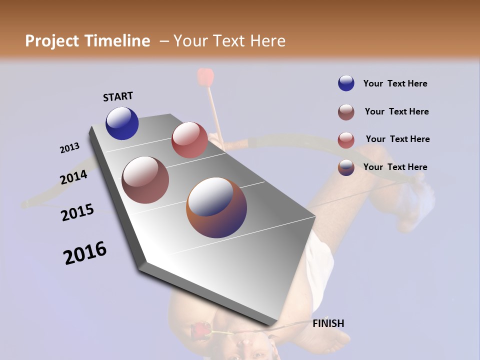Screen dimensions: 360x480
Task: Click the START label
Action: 118,96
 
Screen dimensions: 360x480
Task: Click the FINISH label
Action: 328,323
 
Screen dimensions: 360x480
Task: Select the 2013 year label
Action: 69,148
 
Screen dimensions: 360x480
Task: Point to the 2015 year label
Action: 77,212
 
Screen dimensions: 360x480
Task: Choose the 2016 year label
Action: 85,253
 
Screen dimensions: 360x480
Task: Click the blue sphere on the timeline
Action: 122,123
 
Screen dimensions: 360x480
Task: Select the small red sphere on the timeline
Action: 189,140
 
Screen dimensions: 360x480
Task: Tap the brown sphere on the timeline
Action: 145,179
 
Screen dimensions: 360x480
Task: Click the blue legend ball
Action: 346,83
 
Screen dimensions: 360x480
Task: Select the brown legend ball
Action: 346,112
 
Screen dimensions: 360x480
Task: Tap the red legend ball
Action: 346,140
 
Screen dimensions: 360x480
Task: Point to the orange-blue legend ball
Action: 346,168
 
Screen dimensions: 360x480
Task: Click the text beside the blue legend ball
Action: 395,83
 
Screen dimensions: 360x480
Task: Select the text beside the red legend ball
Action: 397,139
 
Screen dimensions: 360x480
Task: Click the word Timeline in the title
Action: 117,41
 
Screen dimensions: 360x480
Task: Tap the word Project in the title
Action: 51,41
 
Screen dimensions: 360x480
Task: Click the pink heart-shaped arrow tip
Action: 205,77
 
